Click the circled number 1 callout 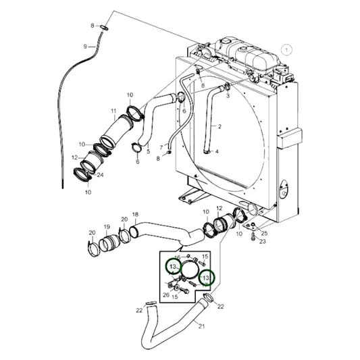(286, 49)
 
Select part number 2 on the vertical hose (220, 126)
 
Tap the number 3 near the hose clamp (228, 96)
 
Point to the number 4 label (217, 152)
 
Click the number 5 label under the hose (148, 152)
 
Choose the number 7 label (161, 147)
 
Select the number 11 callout (113, 111)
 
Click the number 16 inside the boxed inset (178, 258)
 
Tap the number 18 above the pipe (134, 215)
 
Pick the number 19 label (106, 226)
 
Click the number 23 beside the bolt (263, 240)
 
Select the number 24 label (99, 175)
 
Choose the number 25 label (264, 233)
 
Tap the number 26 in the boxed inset (166, 294)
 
